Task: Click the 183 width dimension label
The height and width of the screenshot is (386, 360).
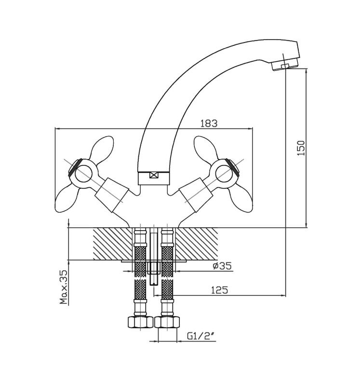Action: point(209,124)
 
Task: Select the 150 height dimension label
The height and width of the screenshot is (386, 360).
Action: point(301,148)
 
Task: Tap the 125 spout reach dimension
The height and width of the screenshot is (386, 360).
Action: point(220,290)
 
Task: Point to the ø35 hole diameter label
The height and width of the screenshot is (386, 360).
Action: point(222,266)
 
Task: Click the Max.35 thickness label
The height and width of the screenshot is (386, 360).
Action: point(64,287)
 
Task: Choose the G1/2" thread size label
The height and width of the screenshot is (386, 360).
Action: point(200,336)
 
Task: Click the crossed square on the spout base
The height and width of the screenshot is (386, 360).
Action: point(153,176)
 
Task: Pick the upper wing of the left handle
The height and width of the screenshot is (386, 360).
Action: point(102,148)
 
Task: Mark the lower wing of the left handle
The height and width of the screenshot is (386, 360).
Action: point(67,200)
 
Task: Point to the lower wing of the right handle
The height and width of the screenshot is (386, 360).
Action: point(241,200)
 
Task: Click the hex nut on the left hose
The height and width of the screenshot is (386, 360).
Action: point(140,322)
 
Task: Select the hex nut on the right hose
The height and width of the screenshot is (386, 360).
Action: point(167,322)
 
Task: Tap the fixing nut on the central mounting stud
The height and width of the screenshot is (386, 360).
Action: point(154,268)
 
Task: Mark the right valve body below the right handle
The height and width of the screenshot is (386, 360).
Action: point(196,195)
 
